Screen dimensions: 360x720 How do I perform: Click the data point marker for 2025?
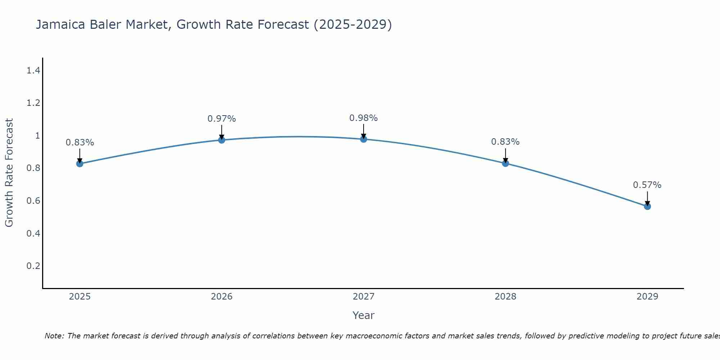pos(80,163)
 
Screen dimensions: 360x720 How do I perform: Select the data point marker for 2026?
pos(222,140)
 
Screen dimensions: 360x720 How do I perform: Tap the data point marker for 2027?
pos(364,139)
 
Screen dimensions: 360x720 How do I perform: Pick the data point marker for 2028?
pos(505,163)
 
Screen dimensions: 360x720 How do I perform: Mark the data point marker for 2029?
pos(647,206)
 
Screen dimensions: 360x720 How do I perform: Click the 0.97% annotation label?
pos(222,119)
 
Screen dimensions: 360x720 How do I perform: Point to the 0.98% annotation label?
pos(364,118)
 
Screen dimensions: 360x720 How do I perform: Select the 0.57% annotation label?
pos(647,185)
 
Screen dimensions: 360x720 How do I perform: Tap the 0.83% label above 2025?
pos(80,143)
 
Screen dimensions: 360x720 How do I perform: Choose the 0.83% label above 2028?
pos(505,142)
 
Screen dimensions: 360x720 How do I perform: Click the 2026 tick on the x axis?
pos(222,297)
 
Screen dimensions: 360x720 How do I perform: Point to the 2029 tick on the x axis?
pos(647,297)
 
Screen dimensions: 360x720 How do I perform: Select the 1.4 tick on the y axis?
pos(33,71)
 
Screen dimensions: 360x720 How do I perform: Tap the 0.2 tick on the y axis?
pos(33,266)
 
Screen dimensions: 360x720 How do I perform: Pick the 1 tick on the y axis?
pos(37,136)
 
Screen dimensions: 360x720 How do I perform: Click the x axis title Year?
pos(364,315)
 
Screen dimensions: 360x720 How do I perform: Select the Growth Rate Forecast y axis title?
pos(9,173)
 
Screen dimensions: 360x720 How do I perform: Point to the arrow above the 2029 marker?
pos(647,198)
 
